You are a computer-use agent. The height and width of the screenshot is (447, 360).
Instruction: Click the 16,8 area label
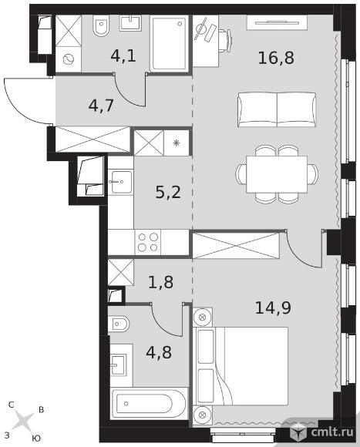tap(276, 58)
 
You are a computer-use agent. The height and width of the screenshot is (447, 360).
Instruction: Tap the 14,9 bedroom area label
tap(273, 308)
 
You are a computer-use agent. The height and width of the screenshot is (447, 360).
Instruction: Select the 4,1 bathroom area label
tap(123, 55)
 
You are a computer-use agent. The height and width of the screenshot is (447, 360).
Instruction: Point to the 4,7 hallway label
tap(101, 106)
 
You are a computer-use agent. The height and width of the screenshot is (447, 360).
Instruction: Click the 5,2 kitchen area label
tap(168, 192)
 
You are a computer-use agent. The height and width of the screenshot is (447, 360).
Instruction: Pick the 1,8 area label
tap(161, 282)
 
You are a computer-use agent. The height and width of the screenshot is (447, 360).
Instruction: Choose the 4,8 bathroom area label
tap(159, 352)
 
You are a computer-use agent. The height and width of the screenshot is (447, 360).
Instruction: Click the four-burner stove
tap(148, 242)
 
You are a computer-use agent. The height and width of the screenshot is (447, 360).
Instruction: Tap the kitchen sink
tap(121, 182)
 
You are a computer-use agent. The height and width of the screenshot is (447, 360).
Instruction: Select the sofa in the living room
tap(277, 109)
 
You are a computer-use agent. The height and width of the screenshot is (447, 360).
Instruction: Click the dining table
tap(277, 174)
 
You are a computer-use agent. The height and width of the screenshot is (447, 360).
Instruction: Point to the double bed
tap(241, 366)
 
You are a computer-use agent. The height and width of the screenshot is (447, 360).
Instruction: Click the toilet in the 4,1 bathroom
tap(102, 25)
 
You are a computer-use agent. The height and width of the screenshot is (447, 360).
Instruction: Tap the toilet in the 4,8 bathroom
tap(119, 324)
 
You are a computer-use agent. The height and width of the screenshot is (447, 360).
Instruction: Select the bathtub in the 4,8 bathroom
tap(149, 404)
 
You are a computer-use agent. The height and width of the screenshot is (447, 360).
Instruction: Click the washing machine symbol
tap(69, 59)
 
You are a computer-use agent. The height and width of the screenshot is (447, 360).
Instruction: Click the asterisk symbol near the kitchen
tap(177, 143)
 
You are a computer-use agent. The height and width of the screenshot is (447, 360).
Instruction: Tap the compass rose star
tap(24, 421)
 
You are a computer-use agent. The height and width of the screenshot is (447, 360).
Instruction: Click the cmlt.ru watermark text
tap(332, 432)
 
